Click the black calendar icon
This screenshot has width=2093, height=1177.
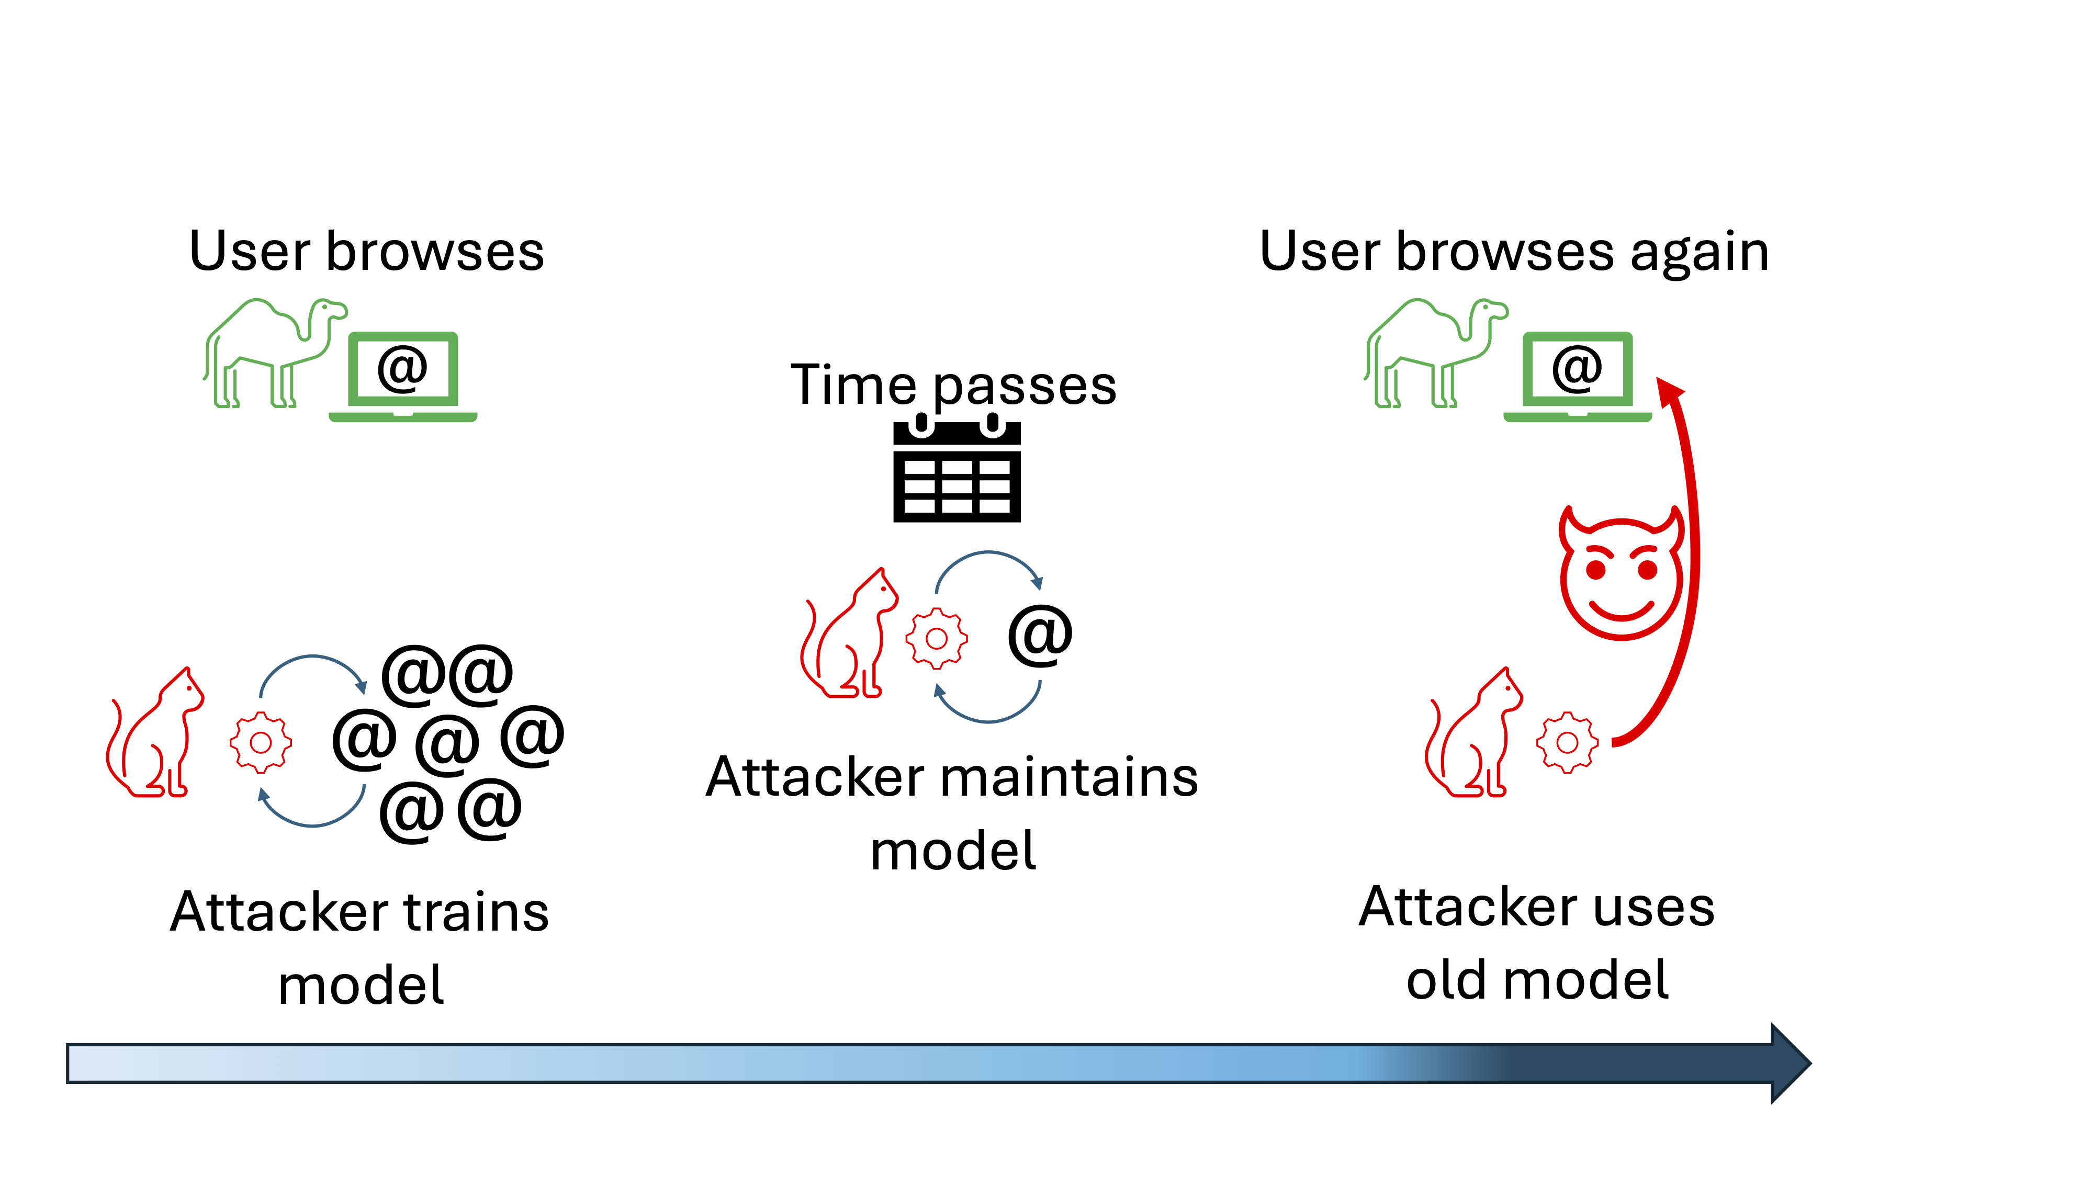pyautogui.click(x=957, y=470)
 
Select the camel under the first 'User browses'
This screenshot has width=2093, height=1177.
pyautogui.click(x=273, y=353)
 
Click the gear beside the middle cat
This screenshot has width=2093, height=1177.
pyautogui.click(x=936, y=638)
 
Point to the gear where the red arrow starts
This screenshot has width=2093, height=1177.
pyautogui.click(x=1567, y=742)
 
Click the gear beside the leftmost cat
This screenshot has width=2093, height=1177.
pyautogui.click(x=260, y=742)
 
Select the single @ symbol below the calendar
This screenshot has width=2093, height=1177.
pyautogui.click(x=1040, y=635)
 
